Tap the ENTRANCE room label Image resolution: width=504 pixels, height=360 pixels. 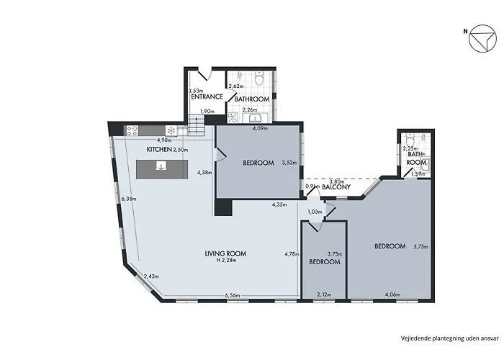[205, 96]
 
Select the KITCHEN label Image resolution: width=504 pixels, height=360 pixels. [158, 149]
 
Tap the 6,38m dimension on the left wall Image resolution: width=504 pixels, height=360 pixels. [130, 198]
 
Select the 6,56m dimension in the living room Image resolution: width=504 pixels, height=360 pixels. [232, 295]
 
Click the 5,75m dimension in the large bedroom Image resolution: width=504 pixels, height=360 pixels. [420, 247]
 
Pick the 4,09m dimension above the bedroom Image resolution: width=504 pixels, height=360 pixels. [259, 129]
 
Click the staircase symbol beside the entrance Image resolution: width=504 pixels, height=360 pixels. [195, 127]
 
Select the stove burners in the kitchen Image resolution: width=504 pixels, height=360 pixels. [133, 130]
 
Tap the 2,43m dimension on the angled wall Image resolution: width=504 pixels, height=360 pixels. [151, 276]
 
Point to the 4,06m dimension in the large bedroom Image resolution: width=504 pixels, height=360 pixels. [393, 295]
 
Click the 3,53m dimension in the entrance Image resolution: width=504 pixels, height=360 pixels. [194, 91]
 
